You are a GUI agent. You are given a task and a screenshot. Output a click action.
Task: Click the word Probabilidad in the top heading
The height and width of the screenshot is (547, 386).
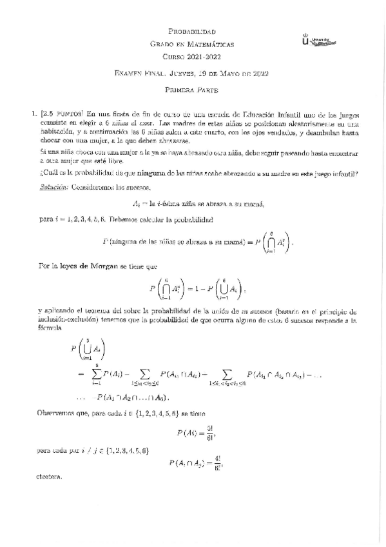191,32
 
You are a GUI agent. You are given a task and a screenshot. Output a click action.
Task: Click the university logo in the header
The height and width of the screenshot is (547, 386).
319,40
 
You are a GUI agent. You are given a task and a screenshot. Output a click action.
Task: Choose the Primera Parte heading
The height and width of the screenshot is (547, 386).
191,92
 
